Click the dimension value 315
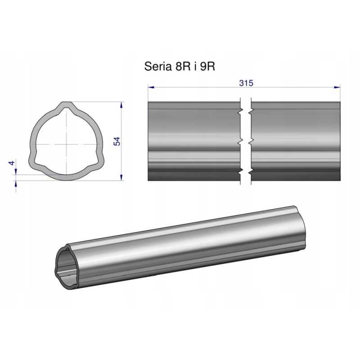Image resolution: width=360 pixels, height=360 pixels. click(x=246, y=83)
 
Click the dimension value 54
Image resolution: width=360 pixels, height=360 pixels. click(x=117, y=141)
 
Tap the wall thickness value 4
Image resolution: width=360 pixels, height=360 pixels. click(x=12, y=163)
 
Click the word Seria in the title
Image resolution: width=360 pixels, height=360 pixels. click(x=158, y=66)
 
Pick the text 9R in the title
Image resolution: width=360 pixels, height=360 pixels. click(x=207, y=66)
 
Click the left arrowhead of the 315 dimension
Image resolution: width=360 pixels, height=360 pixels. click(x=151, y=87)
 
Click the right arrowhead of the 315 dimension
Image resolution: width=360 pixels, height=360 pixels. click(x=337, y=87)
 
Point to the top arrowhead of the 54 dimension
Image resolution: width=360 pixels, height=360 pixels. click(x=121, y=105)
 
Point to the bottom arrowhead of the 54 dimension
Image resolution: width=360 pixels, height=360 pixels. click(x=121, y=177)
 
